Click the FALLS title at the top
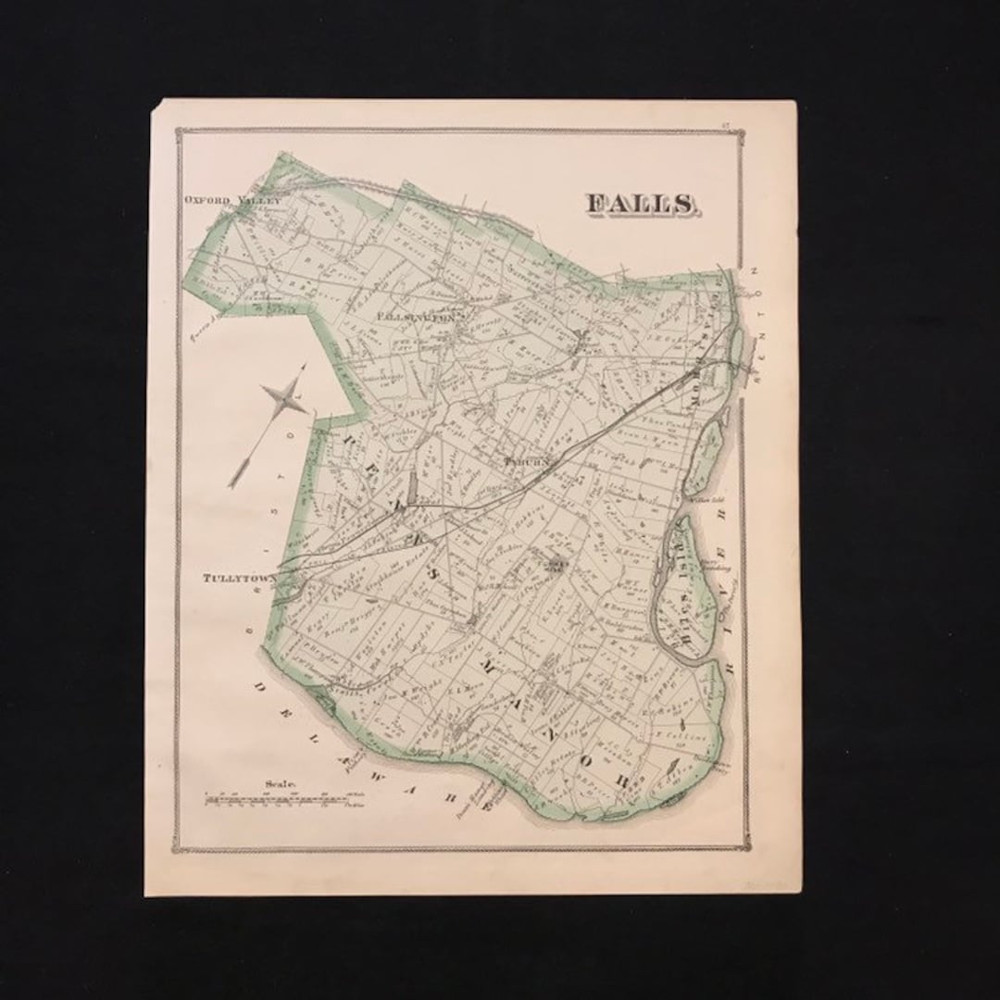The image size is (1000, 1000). pos(641,205)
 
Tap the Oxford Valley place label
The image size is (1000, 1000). pos(231,198)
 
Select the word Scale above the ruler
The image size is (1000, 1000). pos(279,783)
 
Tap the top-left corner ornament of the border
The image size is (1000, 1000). pos(181,132)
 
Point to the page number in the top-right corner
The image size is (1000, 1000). pos(756,114)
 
